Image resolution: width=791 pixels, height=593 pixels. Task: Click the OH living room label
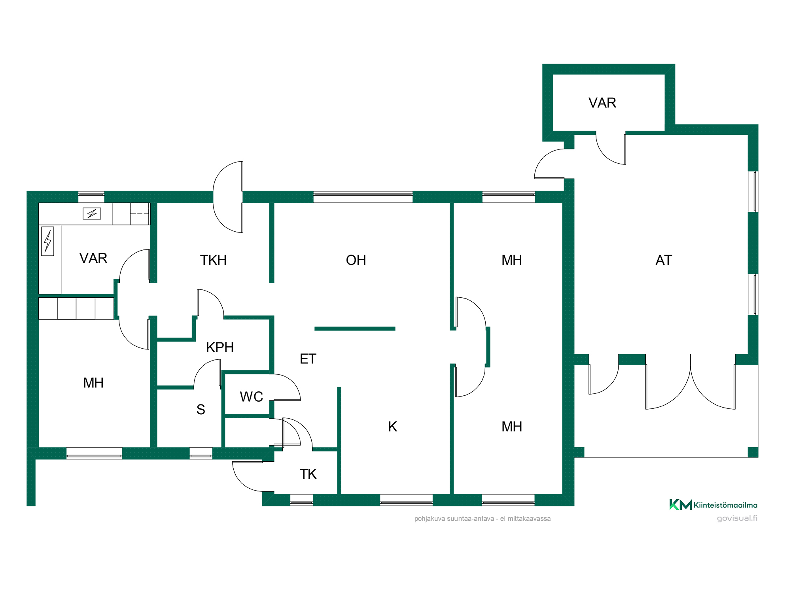tap(356, 260)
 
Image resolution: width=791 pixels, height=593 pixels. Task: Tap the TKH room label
tap(213, 260)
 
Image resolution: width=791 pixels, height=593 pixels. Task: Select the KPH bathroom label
tap(220, 347)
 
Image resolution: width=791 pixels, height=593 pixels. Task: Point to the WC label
tap(252, 397)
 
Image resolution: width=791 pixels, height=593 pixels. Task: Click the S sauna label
tap(201, 410)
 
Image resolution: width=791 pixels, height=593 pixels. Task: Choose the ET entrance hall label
tap(308, 359)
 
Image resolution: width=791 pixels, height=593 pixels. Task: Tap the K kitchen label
tap(392, 427)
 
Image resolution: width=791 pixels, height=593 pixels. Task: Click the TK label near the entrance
tap(308, 474)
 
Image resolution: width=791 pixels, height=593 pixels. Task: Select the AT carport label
tap(664, 260)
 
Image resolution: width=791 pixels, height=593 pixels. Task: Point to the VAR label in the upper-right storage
tap(602, 103)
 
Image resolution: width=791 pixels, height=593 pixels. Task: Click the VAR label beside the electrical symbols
tap(93, 258)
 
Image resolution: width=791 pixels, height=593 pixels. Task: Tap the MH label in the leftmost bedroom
tap(93, 383)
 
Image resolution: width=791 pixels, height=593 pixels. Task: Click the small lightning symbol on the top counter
tap(92, 213)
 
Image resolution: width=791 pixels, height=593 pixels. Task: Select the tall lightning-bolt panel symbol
tap(47, 241)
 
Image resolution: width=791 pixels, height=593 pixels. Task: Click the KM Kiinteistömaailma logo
tap(713, 505)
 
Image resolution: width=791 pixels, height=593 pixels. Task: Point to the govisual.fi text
tap(737, 518)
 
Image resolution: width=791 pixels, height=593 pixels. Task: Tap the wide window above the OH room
tap(363, 196)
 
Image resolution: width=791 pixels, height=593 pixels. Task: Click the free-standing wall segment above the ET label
tap(355, 329)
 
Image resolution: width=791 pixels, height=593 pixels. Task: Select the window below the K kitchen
tap(406, 500)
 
